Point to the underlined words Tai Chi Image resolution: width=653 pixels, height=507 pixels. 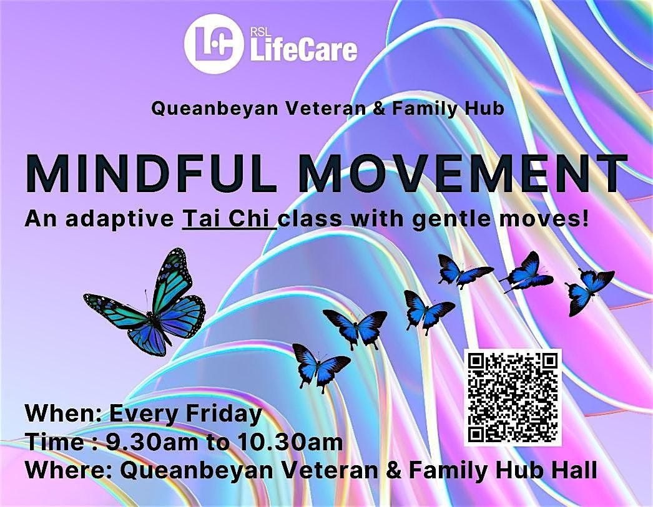[228, 219]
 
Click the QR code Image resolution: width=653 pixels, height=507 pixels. [513, 397]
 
